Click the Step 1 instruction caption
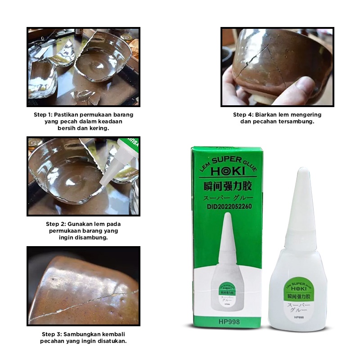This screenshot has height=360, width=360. [84, 121]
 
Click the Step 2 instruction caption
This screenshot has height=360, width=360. [84, 230]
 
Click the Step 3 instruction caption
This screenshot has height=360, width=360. [84, 337]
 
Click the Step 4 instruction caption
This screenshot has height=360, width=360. [277, 118]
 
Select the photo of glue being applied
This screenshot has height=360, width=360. [84, 176]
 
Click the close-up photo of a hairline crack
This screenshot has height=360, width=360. [84, 286]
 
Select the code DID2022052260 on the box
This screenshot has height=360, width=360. [224, 207]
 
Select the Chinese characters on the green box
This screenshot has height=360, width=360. [224, 186]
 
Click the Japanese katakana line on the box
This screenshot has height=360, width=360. [224, 197]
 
